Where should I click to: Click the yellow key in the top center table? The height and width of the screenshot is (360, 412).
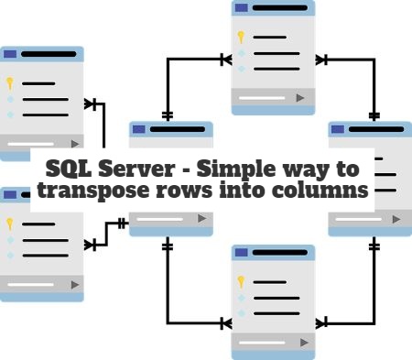coord(241,38)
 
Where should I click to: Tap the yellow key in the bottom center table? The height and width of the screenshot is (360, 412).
coord(241,281)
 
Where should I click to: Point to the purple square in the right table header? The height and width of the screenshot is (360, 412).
coord(338,130)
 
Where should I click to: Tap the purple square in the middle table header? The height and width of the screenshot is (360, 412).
coord(139,130)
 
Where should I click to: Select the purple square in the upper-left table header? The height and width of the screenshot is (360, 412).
coord(11,54)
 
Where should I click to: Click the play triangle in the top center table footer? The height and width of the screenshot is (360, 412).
coord(300,96)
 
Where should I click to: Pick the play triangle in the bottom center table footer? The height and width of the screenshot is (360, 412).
coord(300,341)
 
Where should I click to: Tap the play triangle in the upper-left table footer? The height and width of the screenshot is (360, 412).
coord(74,143)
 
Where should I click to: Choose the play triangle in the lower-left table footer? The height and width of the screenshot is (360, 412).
coord(74,283)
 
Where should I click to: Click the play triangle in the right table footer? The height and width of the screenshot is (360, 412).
coord(396,220)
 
